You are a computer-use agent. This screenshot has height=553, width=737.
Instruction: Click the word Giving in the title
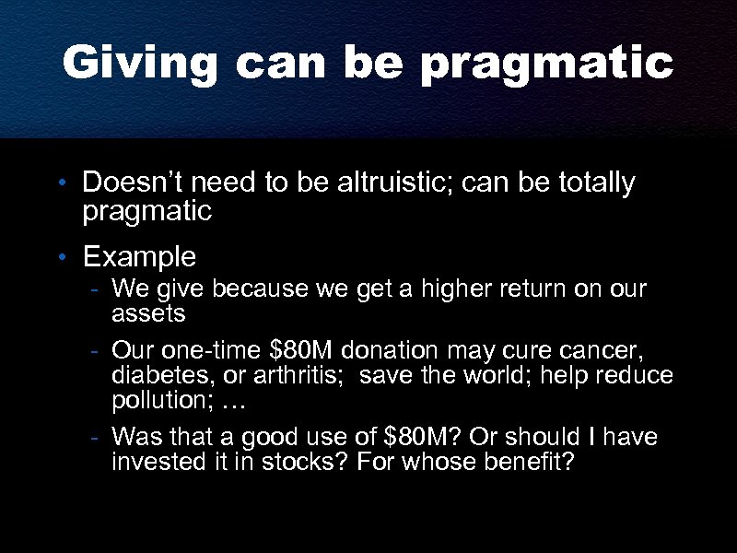[x=140, y=64]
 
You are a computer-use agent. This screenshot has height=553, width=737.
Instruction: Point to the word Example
[x=139, y=255]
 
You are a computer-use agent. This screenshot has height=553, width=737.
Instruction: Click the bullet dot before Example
[x=62, y=256]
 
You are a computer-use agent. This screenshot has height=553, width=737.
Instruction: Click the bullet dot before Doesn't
[x=62, y=184]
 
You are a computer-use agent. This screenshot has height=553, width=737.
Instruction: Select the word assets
[x=148, y=314]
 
